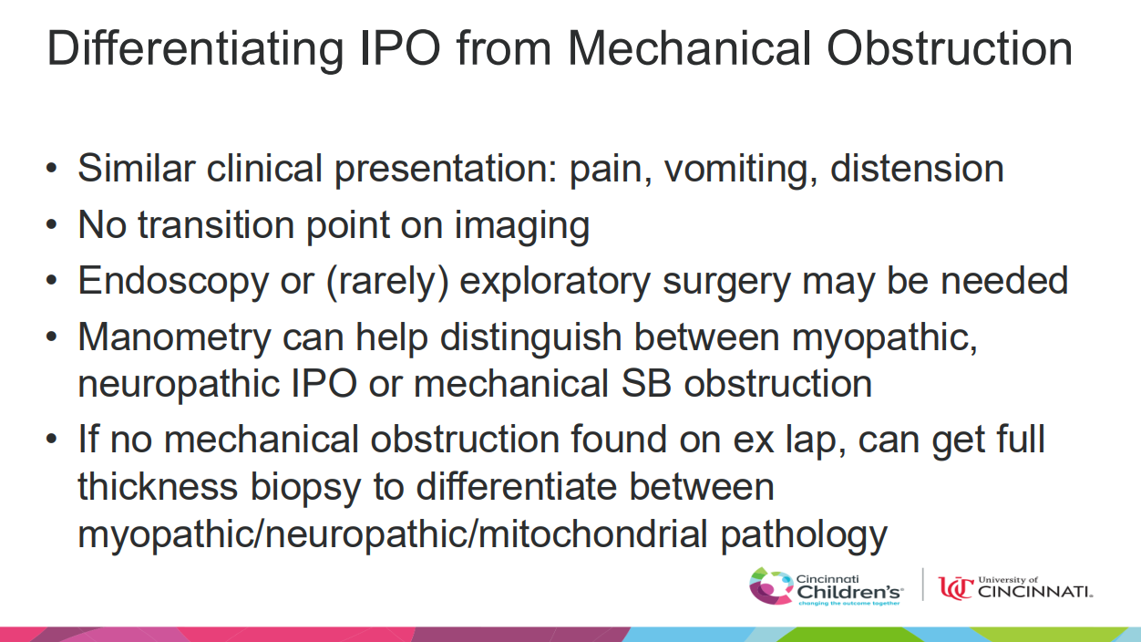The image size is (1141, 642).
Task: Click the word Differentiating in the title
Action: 195,50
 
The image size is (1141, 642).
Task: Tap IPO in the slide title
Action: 400,48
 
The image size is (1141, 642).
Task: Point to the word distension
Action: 917,168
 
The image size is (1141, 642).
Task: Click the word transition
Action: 216,224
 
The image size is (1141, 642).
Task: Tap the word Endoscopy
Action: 172,282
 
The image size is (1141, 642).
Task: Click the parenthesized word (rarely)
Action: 387,282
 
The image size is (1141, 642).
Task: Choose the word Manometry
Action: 174,338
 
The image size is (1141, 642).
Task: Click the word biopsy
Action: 305,488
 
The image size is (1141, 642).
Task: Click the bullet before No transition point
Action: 51,224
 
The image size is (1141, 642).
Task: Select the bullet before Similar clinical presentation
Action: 51,168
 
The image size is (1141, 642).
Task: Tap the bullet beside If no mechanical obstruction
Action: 51,439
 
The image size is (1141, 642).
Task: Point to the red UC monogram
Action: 956,588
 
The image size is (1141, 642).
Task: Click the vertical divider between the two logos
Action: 922,585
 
